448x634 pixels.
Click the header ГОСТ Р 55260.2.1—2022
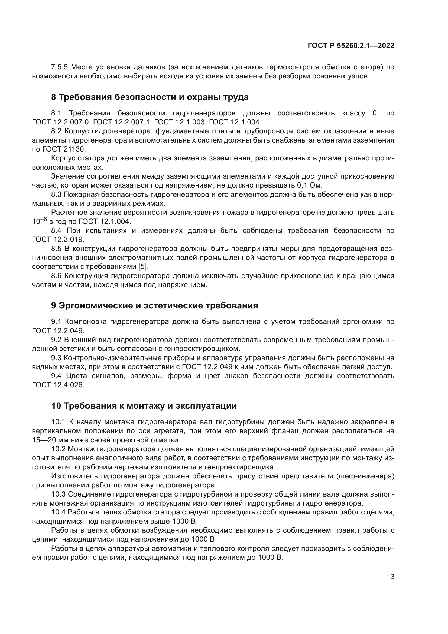click(x=351, y=46)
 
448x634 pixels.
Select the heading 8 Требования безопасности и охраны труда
click(x=150, y=97)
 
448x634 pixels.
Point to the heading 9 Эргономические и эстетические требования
click(x=154, y=306)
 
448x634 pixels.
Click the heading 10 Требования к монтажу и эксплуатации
click(x=144, y=406)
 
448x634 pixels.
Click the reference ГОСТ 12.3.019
click(x=58, y=239)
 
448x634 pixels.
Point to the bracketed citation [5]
click(x=143, y=267)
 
